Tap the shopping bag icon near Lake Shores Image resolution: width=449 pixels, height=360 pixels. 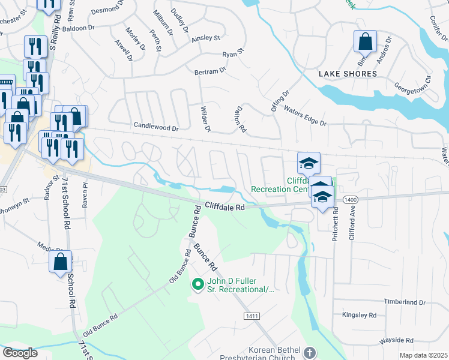tap(364, 42)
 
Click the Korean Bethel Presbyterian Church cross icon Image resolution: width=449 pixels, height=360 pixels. tap(310, 352)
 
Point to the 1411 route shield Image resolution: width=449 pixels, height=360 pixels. tap(252, 316)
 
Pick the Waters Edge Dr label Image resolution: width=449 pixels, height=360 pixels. tap(305, 116)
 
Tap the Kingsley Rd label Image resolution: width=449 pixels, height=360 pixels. tap(358, 315)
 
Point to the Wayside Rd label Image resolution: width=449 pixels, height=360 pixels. tap(396, 340)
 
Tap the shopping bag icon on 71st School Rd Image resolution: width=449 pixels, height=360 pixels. tap(61, 262)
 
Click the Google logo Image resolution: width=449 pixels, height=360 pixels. tap(20, 353)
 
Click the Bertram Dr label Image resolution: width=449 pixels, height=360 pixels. tap(209, 71)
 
